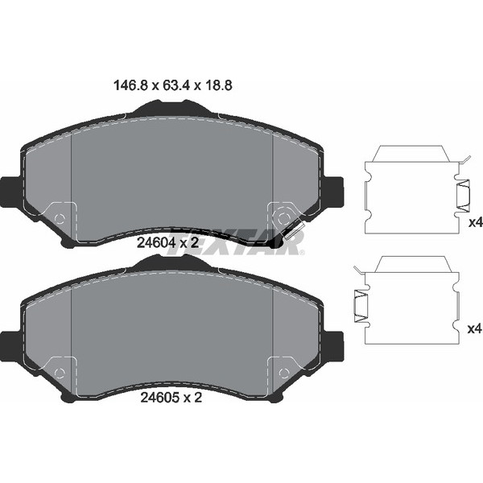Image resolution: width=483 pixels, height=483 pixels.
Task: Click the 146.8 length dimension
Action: (131, 85)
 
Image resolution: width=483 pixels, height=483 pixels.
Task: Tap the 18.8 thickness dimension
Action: (217, 85)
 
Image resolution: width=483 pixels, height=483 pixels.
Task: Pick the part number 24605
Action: (159, 398)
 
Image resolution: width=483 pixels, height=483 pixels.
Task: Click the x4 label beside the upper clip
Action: (475, 222)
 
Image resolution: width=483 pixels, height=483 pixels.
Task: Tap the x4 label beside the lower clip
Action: (475, 329)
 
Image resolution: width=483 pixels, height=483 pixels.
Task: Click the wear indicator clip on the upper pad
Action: (293, 231)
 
